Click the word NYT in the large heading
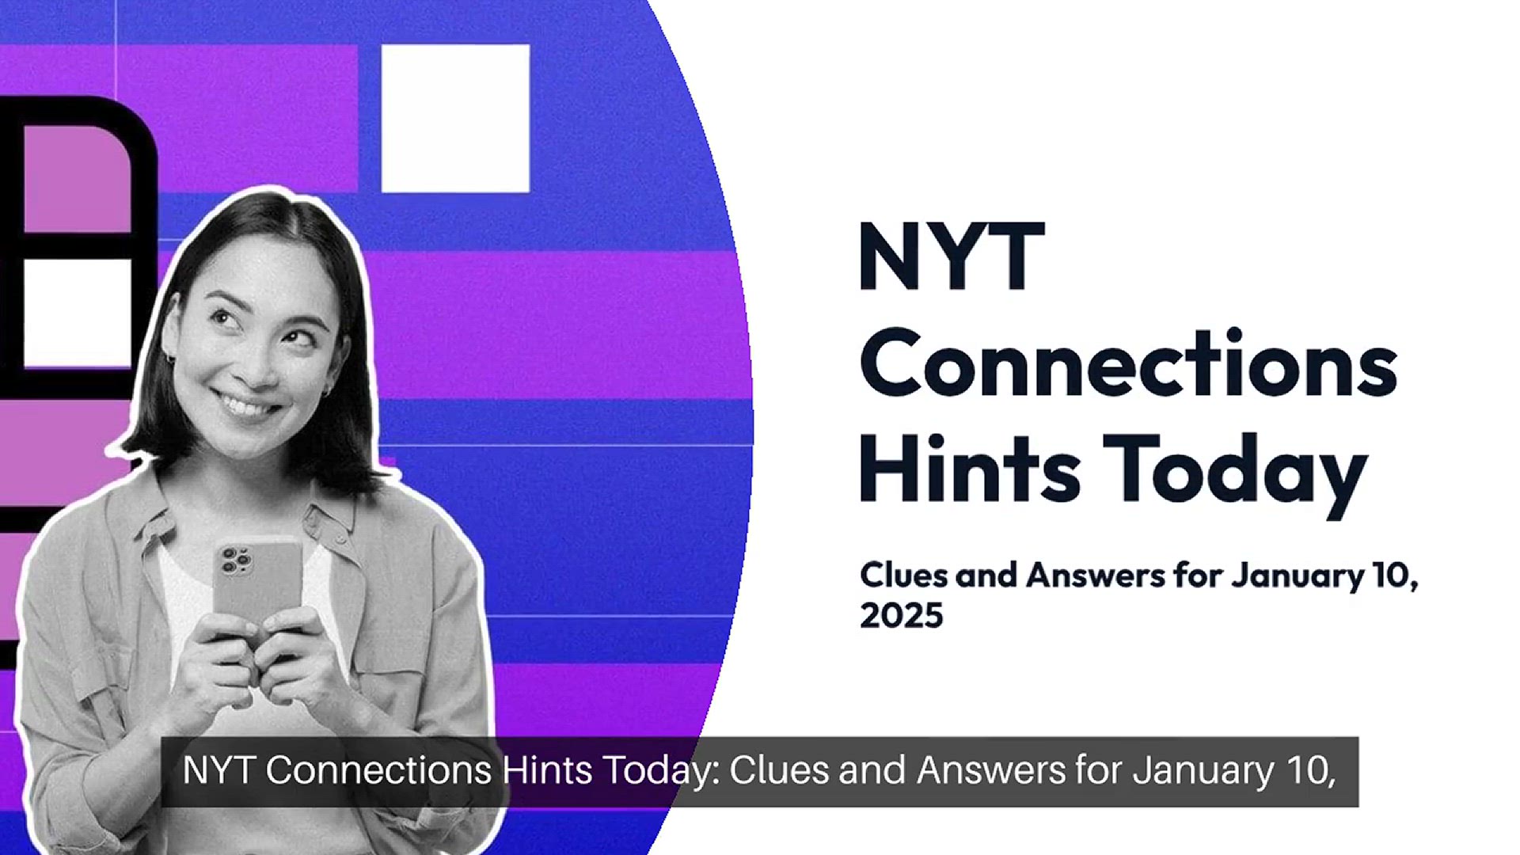click(952, 256)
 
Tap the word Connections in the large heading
click(1129, 363)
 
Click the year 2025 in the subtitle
click(902, 615)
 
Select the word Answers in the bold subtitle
click(1096, 575)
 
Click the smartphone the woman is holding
click(256, 590)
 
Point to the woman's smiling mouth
click(247, 405)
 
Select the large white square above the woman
click(455, 118)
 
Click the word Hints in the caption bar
click(547, 770)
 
